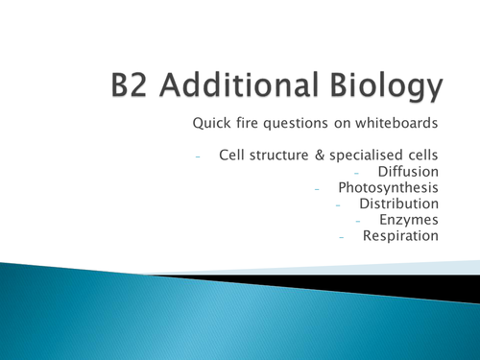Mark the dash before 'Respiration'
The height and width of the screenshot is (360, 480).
click(339, 237)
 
